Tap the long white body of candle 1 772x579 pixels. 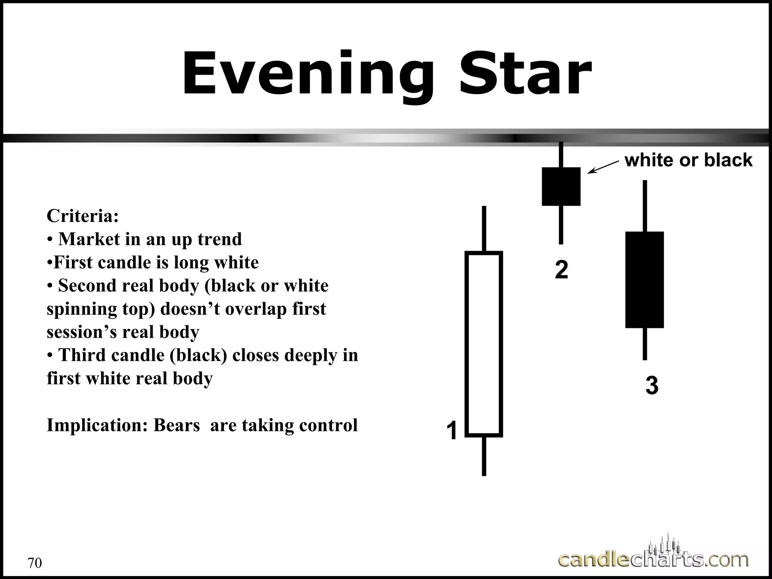coord(484,344)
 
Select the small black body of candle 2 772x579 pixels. coord(561,187)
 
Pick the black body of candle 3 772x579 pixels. coord(644,280)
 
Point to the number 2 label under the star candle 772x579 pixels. coord(561,270)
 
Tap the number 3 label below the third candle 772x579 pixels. coord(652,386)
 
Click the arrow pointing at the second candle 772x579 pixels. coord(603,167)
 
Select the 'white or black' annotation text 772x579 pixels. coord(688,160)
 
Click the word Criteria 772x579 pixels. coord(83,216)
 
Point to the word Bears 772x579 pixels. coord(176,425)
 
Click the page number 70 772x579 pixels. coord(35,563)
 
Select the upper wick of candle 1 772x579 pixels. coord(484,228)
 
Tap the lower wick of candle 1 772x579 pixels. coord(484,456)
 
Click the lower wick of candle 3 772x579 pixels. coord(645,344)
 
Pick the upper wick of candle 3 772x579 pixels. coord(645,206)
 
